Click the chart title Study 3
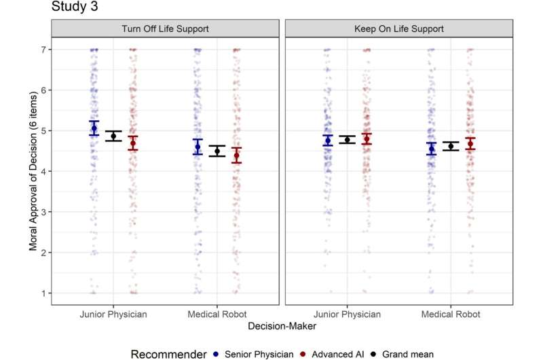75,6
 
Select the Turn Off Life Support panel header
165,29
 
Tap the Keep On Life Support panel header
399,29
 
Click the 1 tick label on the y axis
43,293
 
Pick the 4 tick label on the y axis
43,172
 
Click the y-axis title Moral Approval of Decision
33,171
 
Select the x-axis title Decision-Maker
282,326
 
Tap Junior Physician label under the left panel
113,314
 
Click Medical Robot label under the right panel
451,314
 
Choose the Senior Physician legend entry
254,354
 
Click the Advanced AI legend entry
333,354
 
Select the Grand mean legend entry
402,354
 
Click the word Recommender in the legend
168,354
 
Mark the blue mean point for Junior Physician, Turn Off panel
94,128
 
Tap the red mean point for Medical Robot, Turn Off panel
236,156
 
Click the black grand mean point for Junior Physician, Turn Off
113,136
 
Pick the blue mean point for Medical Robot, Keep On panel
432,149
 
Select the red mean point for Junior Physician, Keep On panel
367,139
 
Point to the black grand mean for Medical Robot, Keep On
451,146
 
